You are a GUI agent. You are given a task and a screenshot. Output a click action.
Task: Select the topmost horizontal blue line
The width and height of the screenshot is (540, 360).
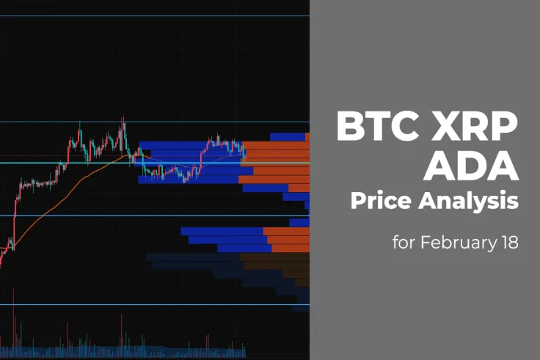[x=154, y=15]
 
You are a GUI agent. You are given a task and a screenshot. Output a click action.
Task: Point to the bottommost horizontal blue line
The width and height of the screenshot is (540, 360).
[x=154, y=304]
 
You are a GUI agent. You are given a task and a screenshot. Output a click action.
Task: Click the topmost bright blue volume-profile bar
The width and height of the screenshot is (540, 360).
[x=288, y=136]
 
